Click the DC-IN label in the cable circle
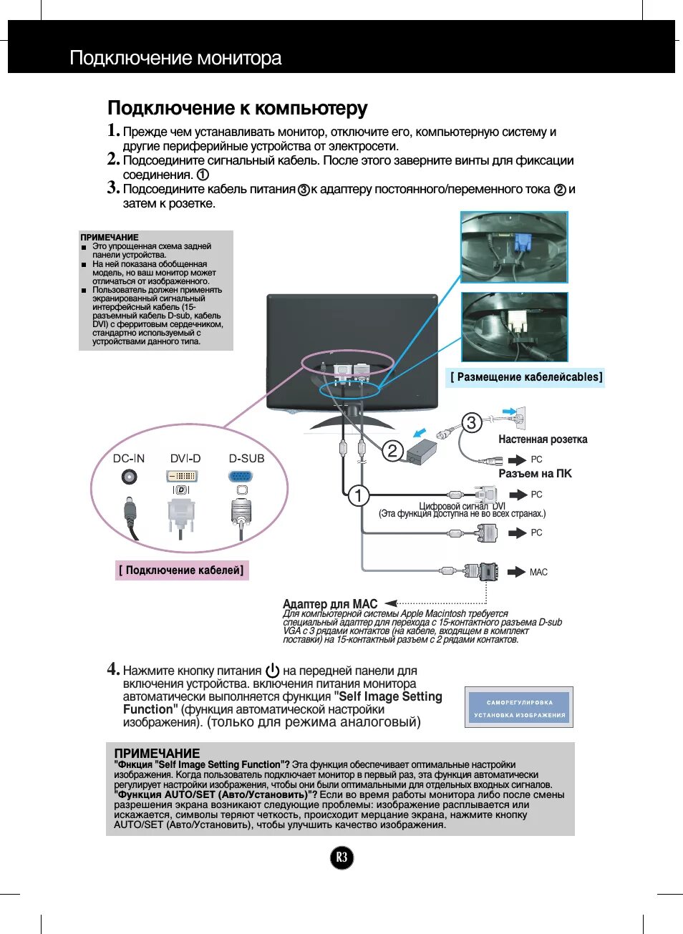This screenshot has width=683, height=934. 129,459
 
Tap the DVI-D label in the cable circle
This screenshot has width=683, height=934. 185,459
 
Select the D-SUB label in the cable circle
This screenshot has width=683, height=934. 246,459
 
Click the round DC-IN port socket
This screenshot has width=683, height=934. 130,477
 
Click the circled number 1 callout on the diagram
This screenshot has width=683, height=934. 358,495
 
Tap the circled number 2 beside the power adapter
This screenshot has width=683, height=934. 392,450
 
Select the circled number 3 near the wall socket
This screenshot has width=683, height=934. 471,422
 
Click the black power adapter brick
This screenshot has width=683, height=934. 422,452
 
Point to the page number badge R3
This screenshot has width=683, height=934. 341,857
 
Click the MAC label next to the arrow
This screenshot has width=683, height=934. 538,573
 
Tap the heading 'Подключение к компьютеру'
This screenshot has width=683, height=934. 237,108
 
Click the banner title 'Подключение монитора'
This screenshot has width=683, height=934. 175,58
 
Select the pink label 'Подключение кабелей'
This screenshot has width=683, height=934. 182,570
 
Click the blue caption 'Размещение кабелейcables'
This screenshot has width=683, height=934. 526,377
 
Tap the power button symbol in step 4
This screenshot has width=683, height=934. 272,671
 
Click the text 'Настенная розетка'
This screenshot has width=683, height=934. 543,439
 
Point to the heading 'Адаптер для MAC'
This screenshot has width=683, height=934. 330,604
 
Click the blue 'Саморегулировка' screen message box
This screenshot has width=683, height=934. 519,708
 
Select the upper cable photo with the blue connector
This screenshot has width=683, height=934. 514,248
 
